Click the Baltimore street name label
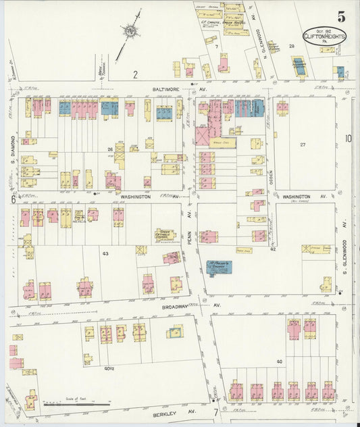tap(163, 85)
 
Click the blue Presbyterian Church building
tap(218, 267)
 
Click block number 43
tap(105, 253)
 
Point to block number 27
tap(303, 145)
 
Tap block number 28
tap(292, 46)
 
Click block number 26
tap(109, 149)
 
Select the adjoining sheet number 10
tap(349, 139)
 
